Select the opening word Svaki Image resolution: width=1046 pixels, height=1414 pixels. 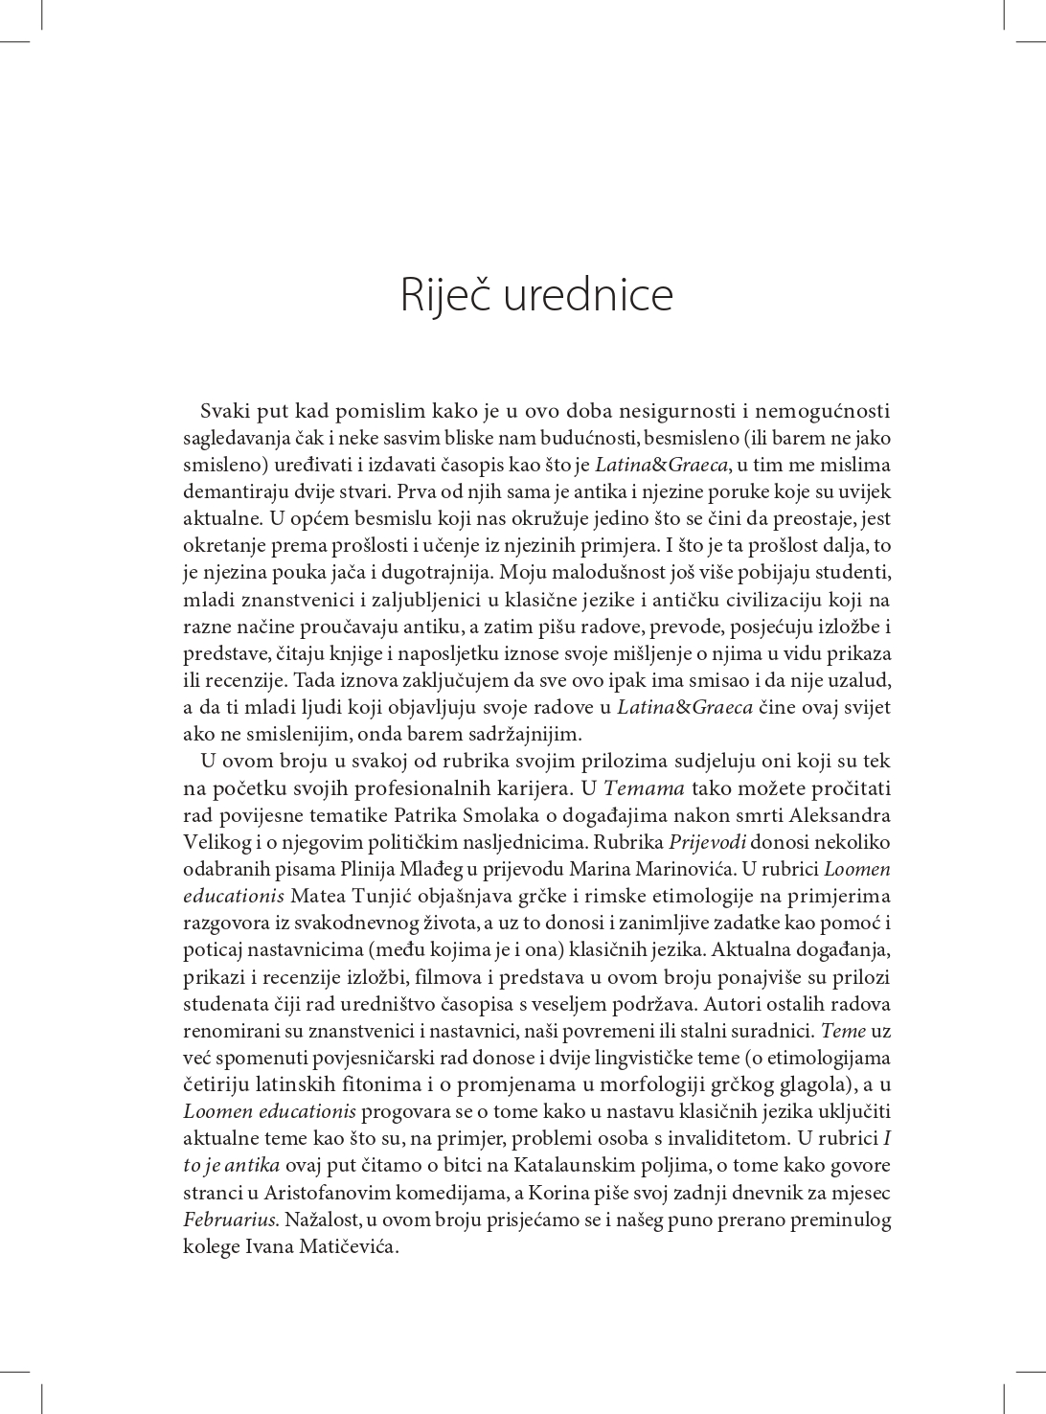point(222,412)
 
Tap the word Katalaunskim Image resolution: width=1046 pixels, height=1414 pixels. point(575,1166)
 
